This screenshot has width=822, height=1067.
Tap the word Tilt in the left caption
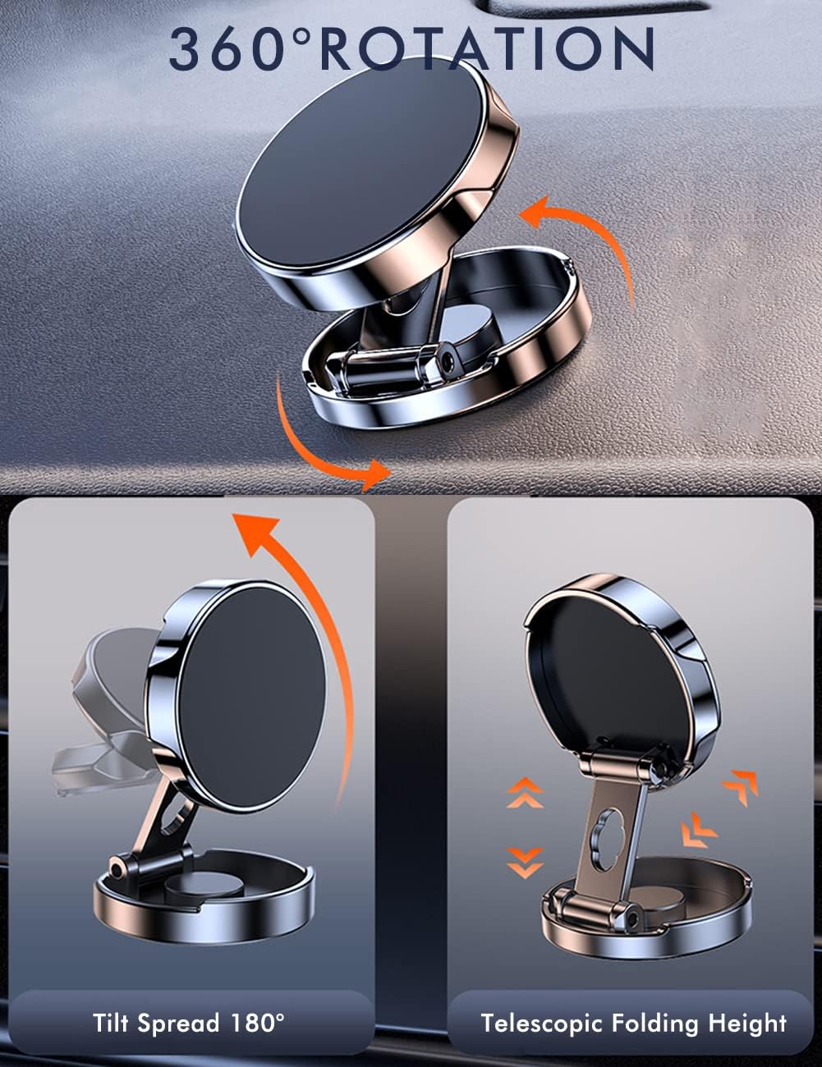113,1023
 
